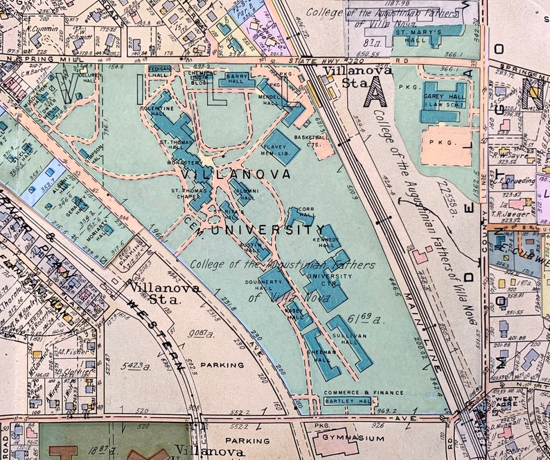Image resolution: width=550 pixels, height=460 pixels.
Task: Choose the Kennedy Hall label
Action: pos(325,241)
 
